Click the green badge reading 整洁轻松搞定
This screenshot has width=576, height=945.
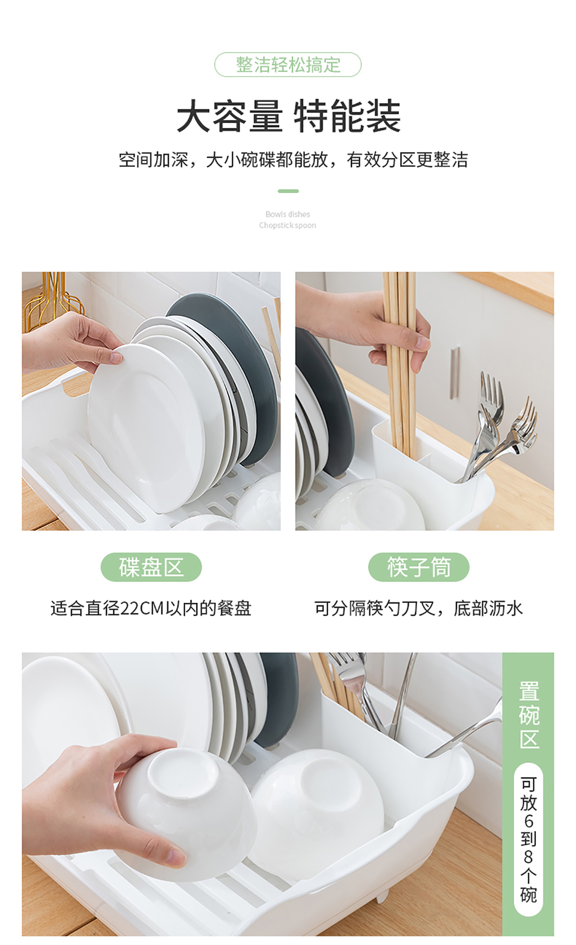[288, 64]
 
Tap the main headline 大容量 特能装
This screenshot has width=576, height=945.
[288, 116]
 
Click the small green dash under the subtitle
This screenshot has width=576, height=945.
[288, 191]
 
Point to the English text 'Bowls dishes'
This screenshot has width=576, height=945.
[288, 214]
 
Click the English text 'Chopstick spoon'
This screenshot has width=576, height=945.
[288, 225]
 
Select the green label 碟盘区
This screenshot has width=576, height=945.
[151, 567]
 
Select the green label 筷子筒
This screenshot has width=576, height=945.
[419, 567]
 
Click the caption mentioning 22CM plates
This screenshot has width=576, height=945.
[151, 608]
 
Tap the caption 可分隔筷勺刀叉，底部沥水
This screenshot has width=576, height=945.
[418, 608]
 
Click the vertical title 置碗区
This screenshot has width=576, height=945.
[528, 715]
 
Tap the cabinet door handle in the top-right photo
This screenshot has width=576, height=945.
[455, 373]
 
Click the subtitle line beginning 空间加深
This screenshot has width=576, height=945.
[293, 160]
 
